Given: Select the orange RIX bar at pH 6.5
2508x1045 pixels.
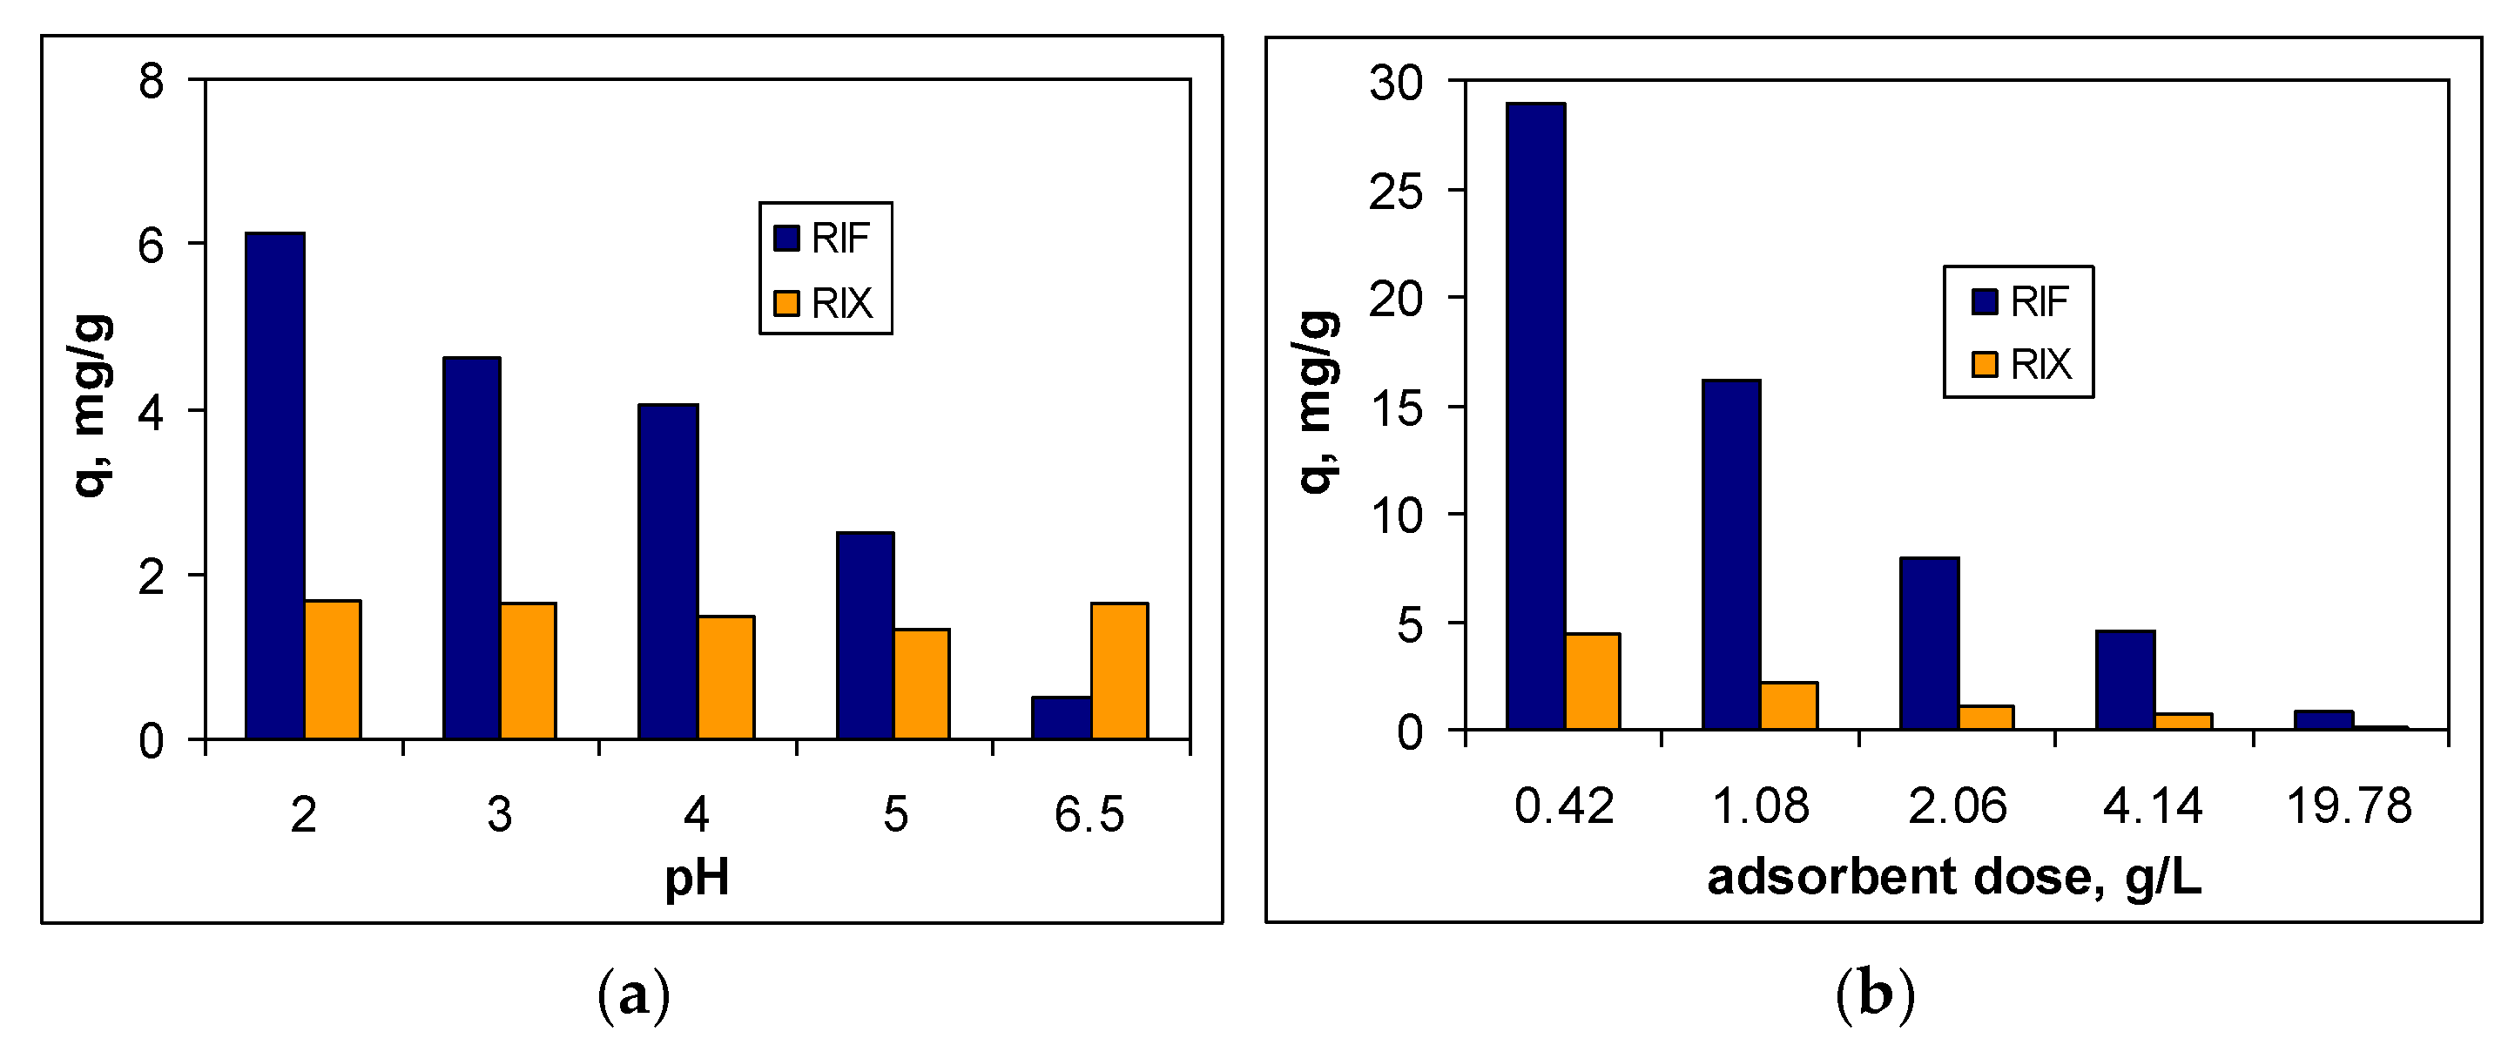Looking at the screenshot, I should (x=1120, y=671).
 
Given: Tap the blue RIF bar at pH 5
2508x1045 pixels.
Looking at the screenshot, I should (x=865, y=635).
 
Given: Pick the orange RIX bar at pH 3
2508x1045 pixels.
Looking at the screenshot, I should (x=528, y=671).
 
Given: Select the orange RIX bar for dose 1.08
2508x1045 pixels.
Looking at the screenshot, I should (x=1789, y=705).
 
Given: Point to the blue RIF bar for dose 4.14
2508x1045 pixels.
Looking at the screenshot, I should (x=2126, y=680).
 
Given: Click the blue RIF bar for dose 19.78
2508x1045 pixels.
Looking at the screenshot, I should (x=2323, y=719).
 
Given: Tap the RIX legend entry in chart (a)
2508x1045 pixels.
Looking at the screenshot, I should (x=826, y=303).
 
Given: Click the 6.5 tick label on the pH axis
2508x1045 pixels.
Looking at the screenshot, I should (x=1089, y=814).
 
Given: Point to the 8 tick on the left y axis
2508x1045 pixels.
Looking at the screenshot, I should (x=151, y=81).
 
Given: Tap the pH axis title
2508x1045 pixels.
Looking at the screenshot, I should (x=696, y=878).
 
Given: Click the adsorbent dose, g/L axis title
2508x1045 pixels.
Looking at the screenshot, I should (x=1954, y=877).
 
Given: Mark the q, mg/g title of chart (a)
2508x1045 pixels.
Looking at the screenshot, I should (x=92, y=405).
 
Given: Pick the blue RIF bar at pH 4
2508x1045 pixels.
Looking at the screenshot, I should (x=668, y=570).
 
